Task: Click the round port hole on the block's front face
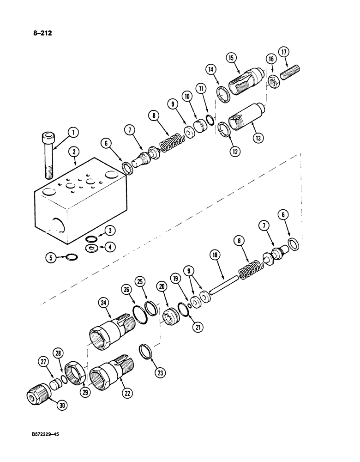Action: (x=58, y=225)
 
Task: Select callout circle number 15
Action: (x=231, y=58)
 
